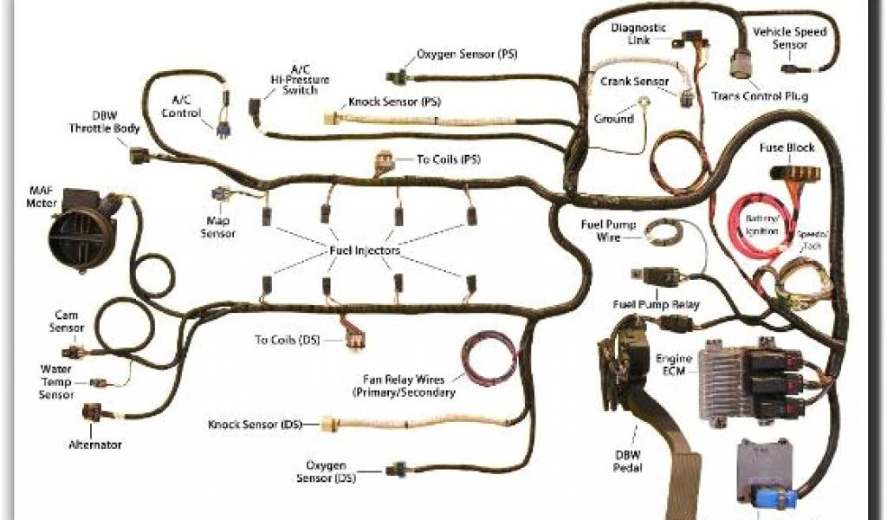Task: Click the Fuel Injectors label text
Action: click(x=364, y=250)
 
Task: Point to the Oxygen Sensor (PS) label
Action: click(x=467, y=54)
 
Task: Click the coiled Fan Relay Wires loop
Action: click(x=490, y=355)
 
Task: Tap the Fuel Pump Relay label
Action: click(x=656, y=304)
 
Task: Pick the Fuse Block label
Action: click(x=787, y=147)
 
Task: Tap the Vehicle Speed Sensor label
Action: click(x=789, y=37)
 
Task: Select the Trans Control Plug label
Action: click(x=759, y=95)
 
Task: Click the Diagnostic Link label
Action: click(x=638, y=33)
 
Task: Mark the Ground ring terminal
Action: click(x=646, y=107)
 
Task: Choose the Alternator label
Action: click(x=95, y=445)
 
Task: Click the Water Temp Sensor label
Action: click(x=56, y=381)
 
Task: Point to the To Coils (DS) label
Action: click(x=287, y=339)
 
